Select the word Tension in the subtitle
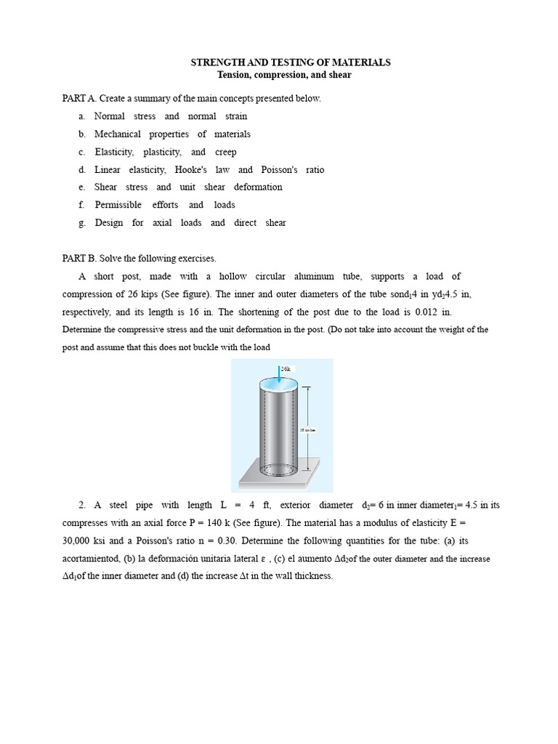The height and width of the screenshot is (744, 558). [x=234, y=76]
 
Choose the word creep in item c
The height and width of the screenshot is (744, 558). [x=226, y=153]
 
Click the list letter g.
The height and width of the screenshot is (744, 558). [x=82, y=223]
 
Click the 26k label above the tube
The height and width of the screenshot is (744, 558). [x=286, y=369]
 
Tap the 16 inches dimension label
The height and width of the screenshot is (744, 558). [x=307, y=429]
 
